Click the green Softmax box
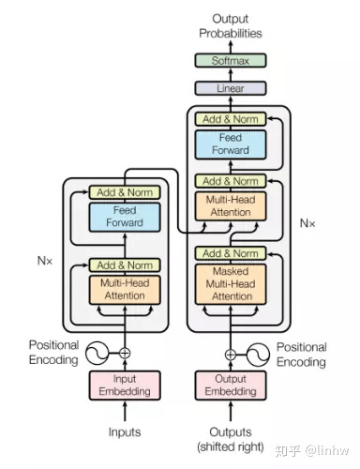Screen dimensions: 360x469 click(231, 60)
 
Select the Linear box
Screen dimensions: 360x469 click(231, 88)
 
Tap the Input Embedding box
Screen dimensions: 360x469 click(125, 386)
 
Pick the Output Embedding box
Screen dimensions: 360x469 click(231, 386)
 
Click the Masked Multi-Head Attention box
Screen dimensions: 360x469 click(231, 284)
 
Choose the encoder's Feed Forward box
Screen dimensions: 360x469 click(125, 217)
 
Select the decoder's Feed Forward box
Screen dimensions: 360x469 click(231, 144)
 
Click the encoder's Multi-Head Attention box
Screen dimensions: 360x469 click(125, 290)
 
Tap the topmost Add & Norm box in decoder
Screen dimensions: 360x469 click(231, 119)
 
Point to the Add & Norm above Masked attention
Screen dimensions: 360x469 click(231, 253)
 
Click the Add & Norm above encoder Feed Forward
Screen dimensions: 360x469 click(125, 192)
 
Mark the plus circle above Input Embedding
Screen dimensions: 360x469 click(125, 354)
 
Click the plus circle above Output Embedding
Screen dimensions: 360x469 click(231, 355)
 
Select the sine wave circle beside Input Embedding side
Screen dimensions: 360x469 click(97, 353)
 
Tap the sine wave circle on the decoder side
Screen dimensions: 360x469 click(258, 355)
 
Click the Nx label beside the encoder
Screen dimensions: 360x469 click(45, 261)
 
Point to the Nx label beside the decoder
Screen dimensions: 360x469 click(307, 223)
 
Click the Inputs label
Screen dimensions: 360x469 click(125, 432)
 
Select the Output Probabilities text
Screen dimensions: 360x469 click(231, 26)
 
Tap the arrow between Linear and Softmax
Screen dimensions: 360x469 click(231, 74)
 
